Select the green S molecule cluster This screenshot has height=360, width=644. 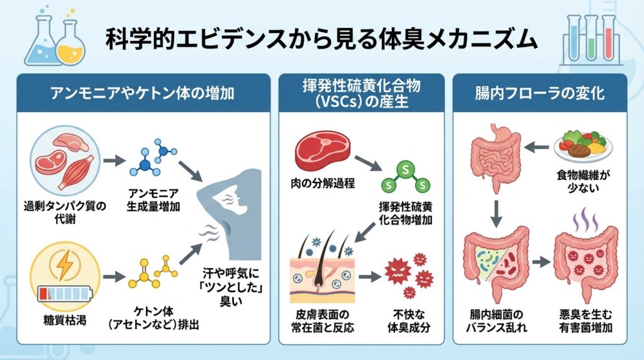[x=404, y=177]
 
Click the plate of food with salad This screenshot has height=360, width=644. [x=581, y=145]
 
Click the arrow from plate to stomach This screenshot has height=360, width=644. [x=536, y=147]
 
